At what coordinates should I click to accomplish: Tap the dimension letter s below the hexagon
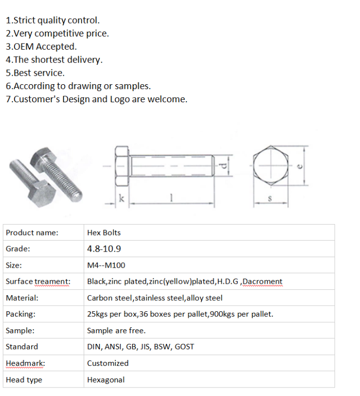tap(270, 199)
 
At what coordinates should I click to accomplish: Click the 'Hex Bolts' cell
tap(104, 233)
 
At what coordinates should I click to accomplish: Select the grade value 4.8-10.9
tap(104, 249)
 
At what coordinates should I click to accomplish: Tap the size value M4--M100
tap(107, 265)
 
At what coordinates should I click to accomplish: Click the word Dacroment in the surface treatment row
tap(262, 282)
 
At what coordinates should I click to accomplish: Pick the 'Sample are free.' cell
tap(116, 330)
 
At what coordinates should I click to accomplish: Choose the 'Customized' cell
tap(108, 363)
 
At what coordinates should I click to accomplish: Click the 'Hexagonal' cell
tap(106, 379)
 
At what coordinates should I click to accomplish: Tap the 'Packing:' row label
tap(21, 314)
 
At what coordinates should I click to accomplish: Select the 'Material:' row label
tap(22, 298)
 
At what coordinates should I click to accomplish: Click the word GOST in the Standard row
tap(184, 346)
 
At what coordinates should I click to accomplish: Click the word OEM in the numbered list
tap(24, 47)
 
